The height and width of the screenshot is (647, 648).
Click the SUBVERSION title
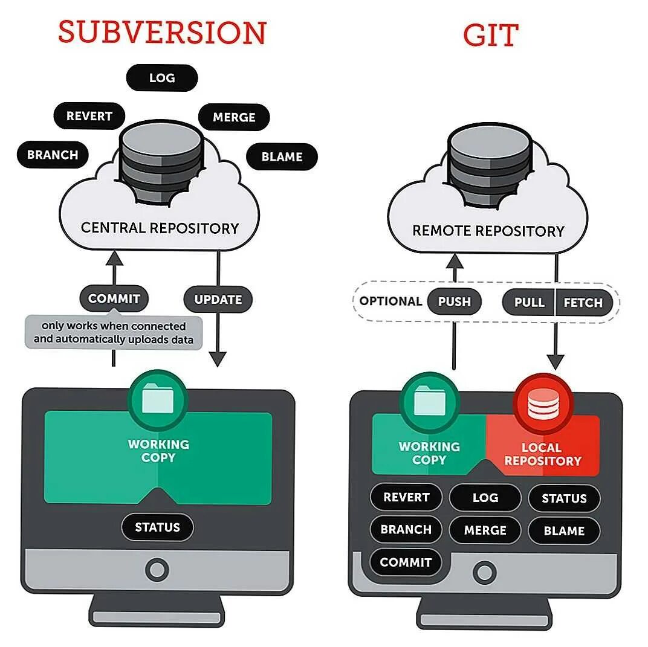[162, 33]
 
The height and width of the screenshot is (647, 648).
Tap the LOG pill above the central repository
[162, 78]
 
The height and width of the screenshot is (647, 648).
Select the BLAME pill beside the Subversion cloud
[282, 157]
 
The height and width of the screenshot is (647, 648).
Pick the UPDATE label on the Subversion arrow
[218, 300]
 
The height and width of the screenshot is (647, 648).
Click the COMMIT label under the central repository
[114, 298]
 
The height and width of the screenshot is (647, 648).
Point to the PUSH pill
[454, 302]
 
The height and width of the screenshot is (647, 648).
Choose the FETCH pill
[583, 303]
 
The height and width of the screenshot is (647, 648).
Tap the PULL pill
[529, 303]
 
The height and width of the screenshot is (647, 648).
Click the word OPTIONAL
[390, 301]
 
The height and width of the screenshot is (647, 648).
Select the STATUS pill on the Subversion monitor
[157, 527]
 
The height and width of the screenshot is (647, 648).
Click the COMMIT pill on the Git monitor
[406, 562]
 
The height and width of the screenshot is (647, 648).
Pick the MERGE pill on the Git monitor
[485, 530]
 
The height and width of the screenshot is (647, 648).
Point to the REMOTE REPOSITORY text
[488, 231]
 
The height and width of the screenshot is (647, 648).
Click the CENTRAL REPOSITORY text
[160, 228]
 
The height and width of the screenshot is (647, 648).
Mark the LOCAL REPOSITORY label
[542, 454]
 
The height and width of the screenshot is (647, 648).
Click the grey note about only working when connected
[114, 332]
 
